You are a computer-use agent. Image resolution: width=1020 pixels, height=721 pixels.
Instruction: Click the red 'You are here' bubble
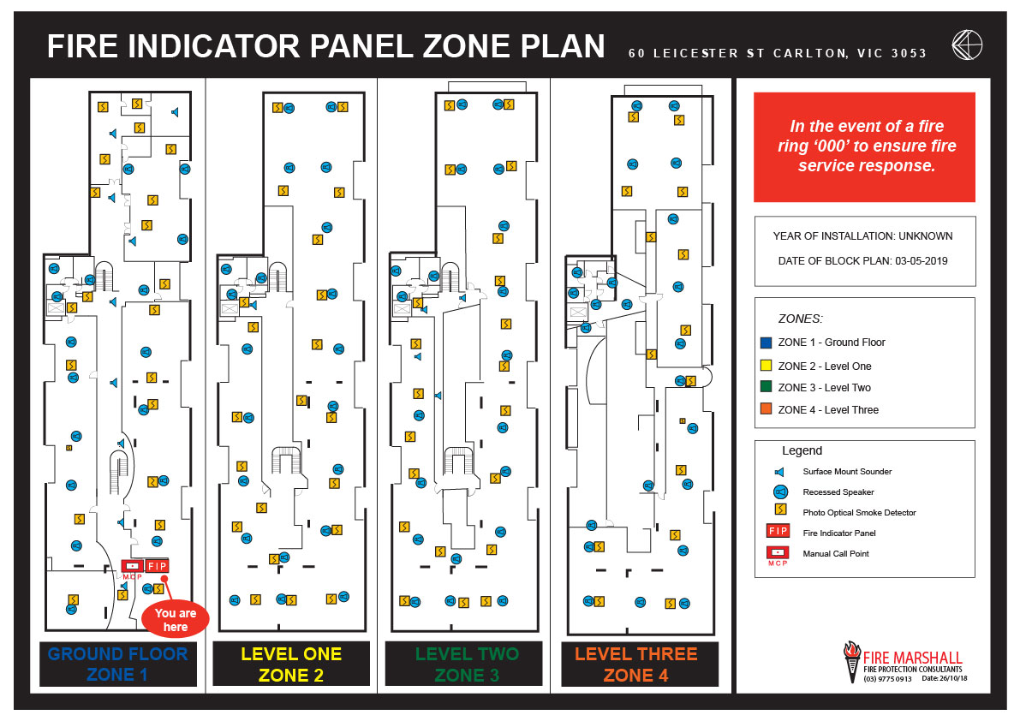coord(176,619)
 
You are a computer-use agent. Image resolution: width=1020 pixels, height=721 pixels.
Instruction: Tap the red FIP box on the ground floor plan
coord(157,566)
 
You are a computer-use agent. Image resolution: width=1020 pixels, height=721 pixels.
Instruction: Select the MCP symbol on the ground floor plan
coord(132,567)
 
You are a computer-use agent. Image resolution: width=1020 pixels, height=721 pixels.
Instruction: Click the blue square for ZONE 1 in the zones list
coord(766,343)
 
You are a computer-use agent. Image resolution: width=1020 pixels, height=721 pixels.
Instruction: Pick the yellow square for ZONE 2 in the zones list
coord(766,366)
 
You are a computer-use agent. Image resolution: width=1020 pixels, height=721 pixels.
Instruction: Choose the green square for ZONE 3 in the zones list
coord(766,387)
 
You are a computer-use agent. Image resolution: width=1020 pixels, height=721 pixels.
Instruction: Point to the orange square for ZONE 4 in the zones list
coord(766,409)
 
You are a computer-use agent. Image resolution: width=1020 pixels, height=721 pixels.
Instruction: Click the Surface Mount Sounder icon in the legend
coord(778,472)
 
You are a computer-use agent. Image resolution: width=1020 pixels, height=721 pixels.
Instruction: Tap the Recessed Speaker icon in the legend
coord(779,492)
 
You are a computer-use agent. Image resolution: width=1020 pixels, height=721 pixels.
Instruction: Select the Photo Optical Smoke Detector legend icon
coord(779,512)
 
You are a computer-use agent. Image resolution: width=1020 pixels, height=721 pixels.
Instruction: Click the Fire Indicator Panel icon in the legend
coord(778,532)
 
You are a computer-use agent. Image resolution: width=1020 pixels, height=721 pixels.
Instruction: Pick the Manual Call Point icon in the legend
coord(778,552)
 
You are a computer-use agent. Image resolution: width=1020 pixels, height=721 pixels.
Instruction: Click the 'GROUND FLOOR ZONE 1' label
coord(117,664)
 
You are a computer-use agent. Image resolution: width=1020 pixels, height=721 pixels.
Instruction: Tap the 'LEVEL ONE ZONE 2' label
coord(291,664)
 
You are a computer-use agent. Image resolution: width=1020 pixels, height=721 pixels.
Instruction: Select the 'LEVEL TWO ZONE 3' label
coord(467,664)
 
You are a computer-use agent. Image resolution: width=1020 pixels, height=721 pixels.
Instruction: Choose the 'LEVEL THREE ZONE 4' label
coord(635,664)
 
